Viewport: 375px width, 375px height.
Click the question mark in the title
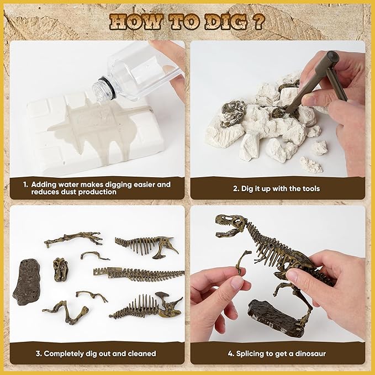tap(258, 22)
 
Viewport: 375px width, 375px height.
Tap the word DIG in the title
tap(226, 22)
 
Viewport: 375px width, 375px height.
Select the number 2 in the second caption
tap(236, 189)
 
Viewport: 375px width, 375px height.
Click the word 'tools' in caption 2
tap(311, 189)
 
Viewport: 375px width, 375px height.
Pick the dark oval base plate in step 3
tap(27, 282)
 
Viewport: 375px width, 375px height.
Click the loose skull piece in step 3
tap(61, 270)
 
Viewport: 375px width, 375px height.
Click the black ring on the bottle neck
tap(109, 87)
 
